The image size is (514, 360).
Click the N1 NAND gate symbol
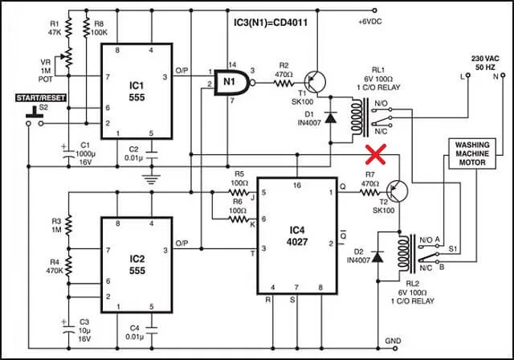tap(233, 81)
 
